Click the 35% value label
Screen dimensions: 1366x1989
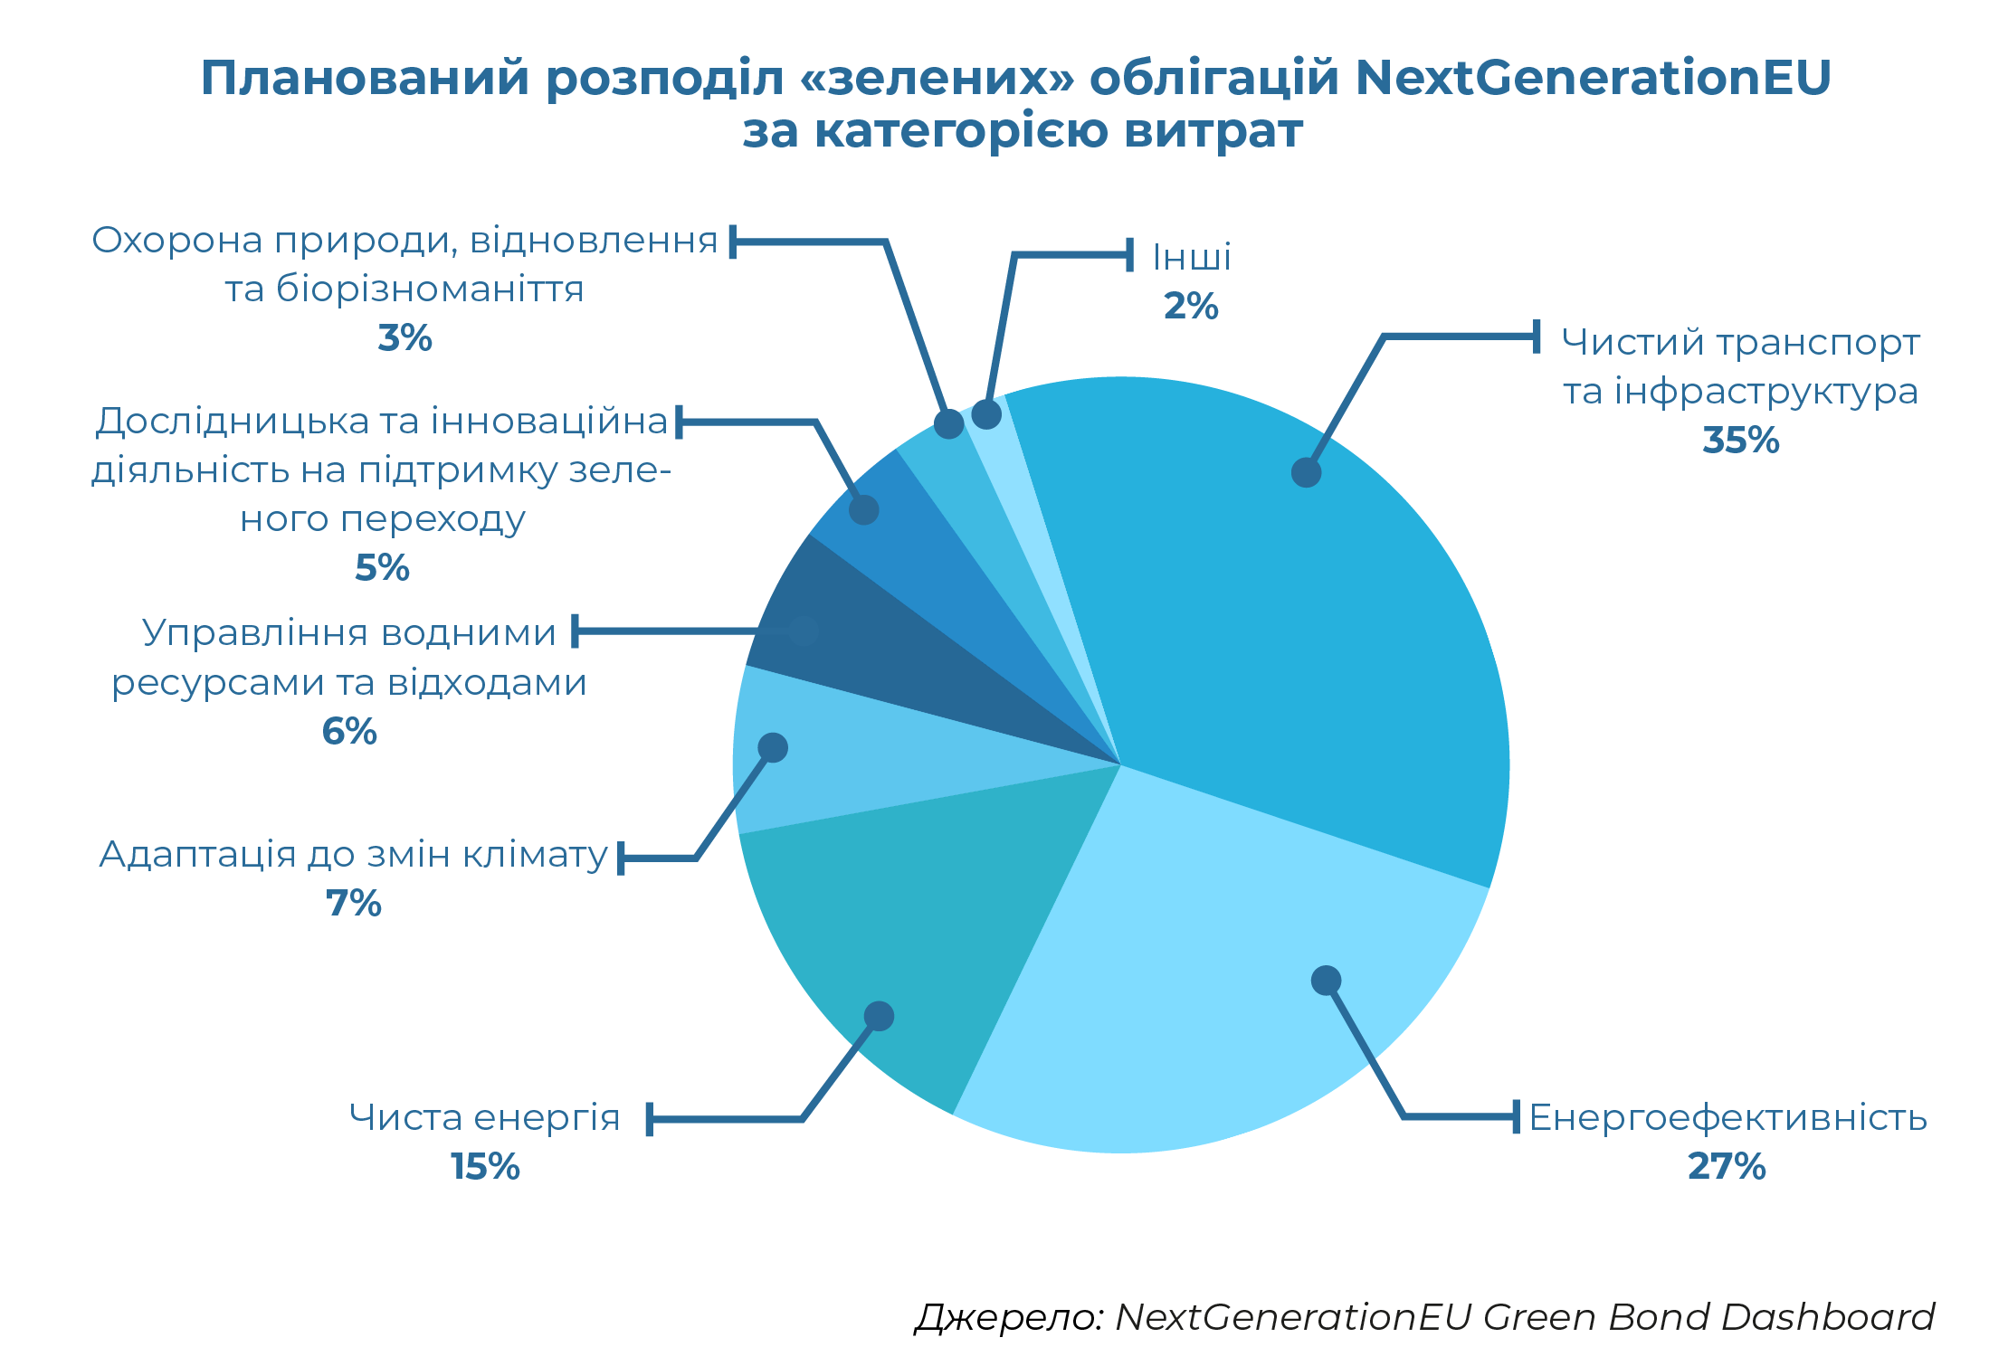pos(1740,441)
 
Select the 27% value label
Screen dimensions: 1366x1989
pos(1727,1166)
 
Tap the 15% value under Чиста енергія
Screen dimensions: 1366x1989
pos(485,1166)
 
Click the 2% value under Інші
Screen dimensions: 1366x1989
pos(1191,306)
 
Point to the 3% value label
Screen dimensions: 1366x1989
pos(404,338)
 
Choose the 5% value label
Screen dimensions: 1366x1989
pos(382,568)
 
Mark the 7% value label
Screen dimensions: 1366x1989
pos(354,903)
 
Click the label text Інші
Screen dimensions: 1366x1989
pos(1192,258)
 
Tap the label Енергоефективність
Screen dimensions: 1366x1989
pos(1727,1118)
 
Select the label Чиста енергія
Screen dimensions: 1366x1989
pos(485,1118)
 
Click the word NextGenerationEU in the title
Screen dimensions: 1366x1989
pos(1593,78)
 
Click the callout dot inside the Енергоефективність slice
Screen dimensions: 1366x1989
pos(1326,980)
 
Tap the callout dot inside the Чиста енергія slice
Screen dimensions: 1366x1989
pos(879,1016)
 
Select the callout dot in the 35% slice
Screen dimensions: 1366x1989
pos(1306,472)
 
